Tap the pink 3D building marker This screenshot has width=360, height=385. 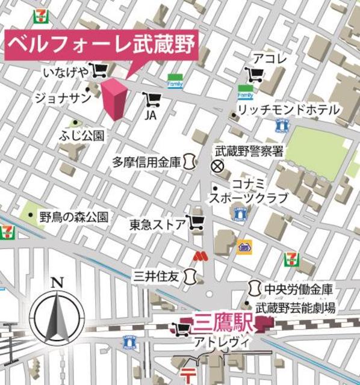[114, 99]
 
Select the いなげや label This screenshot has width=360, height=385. [65, 72]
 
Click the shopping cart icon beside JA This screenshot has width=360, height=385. [151, 99]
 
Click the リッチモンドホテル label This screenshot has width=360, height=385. [288, 110]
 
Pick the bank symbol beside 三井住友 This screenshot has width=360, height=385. [191, 277]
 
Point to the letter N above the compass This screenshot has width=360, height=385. [57, 282]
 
